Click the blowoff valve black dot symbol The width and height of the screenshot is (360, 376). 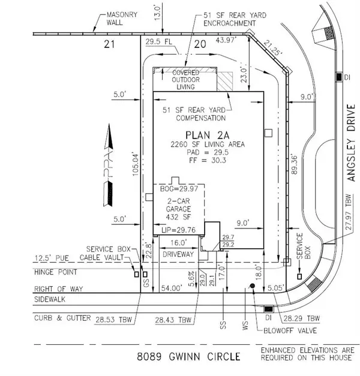click(x=253, y=287)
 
